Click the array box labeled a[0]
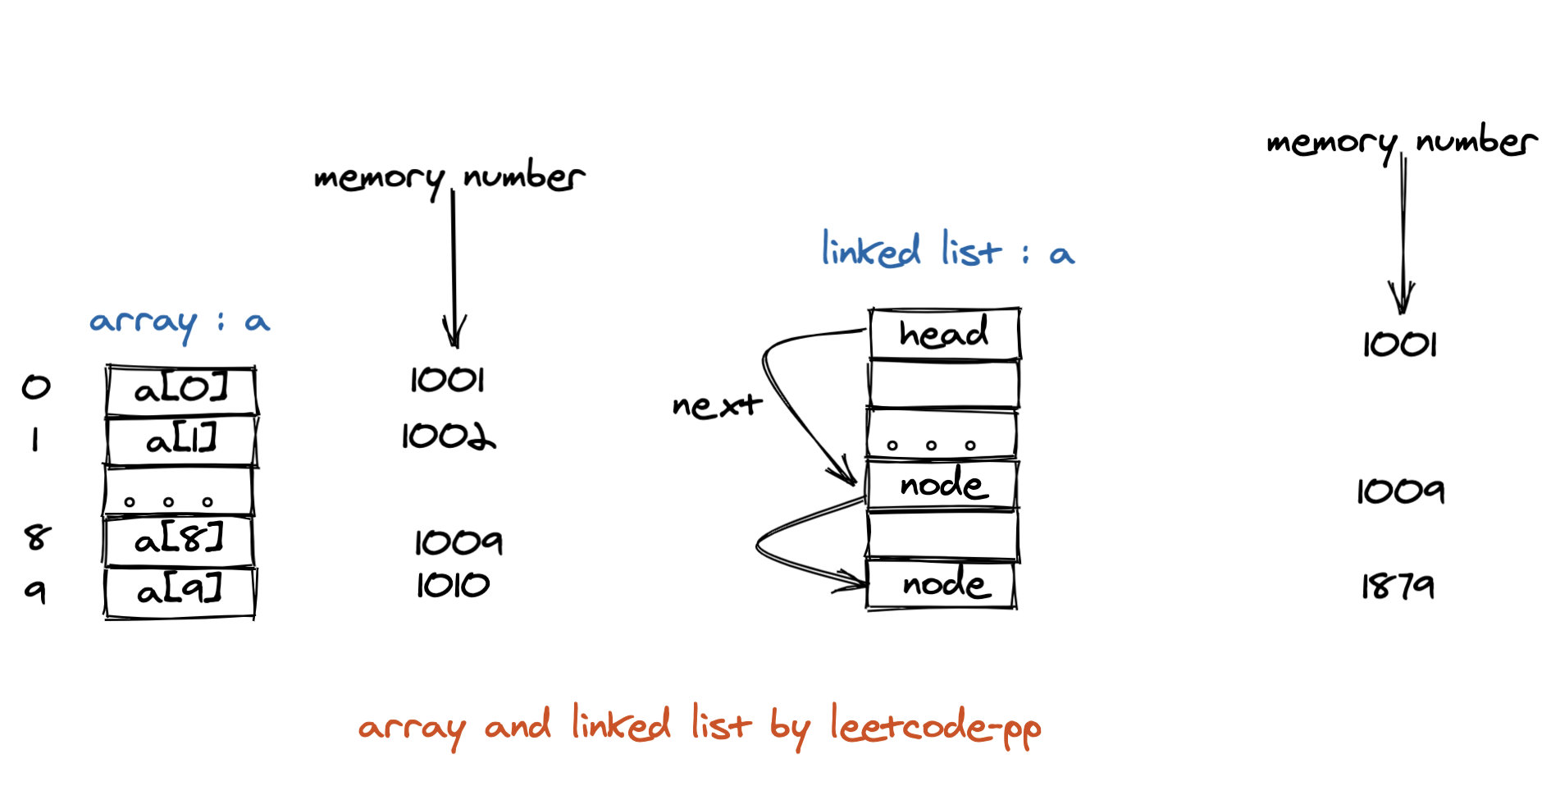(x=180, y=391)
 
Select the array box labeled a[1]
(x=180, y=441)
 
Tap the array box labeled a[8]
(x=179, y=540)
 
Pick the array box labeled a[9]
(x=180, y=591)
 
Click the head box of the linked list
(x=944, y=333)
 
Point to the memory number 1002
(x=448, y=436)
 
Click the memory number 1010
(x=453, y=585)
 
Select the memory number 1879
(x=1398, y=586)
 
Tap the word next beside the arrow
(x=716, y=404)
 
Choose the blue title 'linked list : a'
(x=947, y=250)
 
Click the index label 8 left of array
(x=37, y=537)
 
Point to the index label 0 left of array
(x=36, y=386)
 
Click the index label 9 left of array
(x=35, y=590)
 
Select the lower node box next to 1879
(x=942, y=584)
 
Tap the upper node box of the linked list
(x=942, y=484)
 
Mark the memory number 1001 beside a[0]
(x=448, y=380)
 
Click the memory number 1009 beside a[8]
(x=458, y=542)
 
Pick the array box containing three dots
(x=178, y=491)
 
